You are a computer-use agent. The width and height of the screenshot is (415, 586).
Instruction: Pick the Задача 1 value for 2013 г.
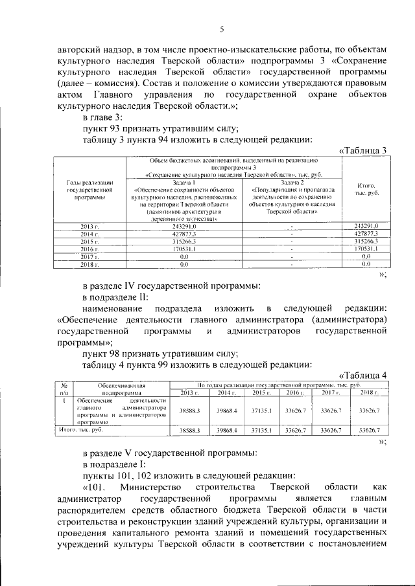(x=184, y=225)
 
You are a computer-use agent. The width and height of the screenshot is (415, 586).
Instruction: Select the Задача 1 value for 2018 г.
(x=184, y=264)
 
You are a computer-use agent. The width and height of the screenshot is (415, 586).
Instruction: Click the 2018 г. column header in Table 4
(x=368, y=392)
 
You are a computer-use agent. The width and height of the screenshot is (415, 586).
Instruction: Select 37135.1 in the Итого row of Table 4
(x=261, y=429)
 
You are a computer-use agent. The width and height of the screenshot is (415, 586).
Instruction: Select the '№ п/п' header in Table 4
(x=64, y=389)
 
